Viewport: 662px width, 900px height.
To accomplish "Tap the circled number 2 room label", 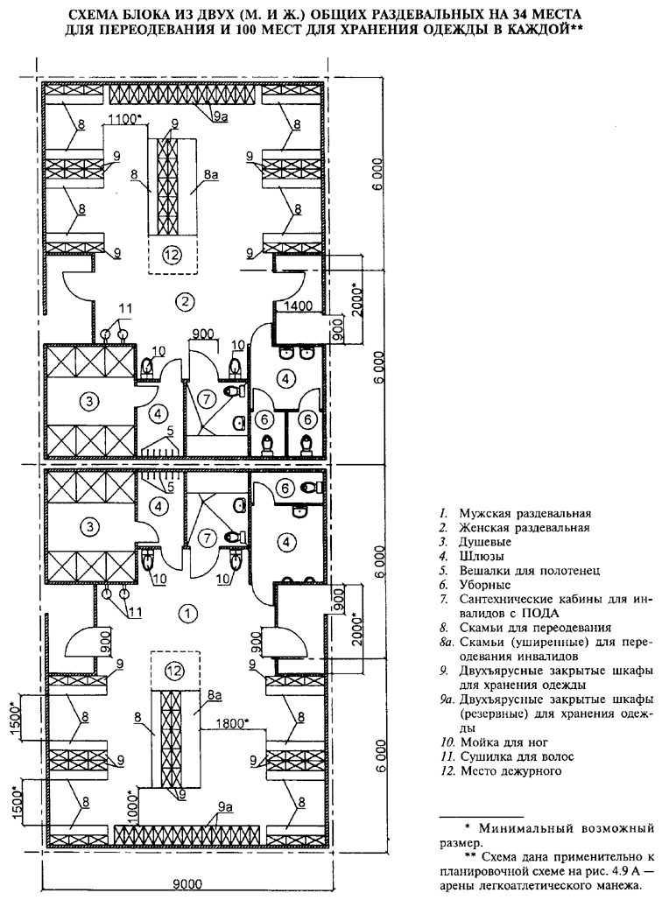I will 185,303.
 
